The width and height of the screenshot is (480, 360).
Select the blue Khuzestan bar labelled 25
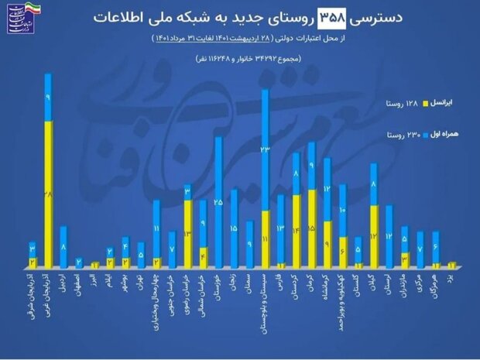point(219,201)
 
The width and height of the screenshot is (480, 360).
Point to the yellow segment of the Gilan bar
point(374,236)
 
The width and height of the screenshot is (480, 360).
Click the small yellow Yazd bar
point(451,265)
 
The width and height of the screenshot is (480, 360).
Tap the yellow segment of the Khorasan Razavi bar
point(188,233)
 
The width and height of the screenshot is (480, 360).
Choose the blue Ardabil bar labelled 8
point(64,246)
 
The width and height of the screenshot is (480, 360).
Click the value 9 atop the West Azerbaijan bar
point(49,98)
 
